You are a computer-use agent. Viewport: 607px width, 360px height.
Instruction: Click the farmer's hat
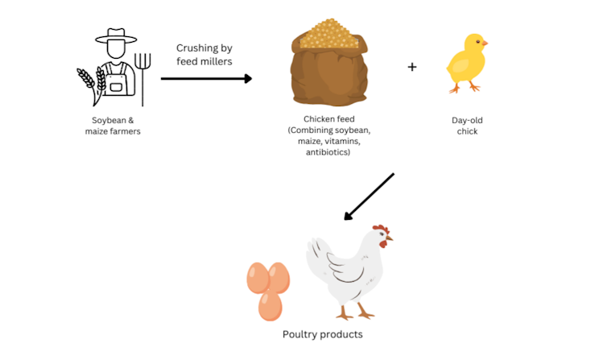[116, 36]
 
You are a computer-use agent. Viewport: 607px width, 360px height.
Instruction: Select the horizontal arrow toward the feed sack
[206, 79]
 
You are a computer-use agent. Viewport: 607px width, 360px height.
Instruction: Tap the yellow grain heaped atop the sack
[329, 34]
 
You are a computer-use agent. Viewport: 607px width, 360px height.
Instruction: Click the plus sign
[412, 67]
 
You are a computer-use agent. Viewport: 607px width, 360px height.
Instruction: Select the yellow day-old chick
[466, 63]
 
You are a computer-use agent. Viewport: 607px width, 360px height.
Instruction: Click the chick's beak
[485, 43]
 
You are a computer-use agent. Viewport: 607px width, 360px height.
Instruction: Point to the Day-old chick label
[467, 126]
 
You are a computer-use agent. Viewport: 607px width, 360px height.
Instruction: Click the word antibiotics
[327, 152]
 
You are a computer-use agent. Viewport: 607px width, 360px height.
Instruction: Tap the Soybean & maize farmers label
[113, 126]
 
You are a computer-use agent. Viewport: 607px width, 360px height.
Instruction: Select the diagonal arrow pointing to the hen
[369, 197]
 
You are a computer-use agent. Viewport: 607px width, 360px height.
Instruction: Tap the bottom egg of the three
[270, 306]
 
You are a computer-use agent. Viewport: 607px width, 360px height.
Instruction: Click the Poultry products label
[323, 334]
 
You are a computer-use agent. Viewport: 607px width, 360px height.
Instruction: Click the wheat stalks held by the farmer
[92, 83]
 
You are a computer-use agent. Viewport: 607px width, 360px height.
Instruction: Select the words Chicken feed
[329, 119]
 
